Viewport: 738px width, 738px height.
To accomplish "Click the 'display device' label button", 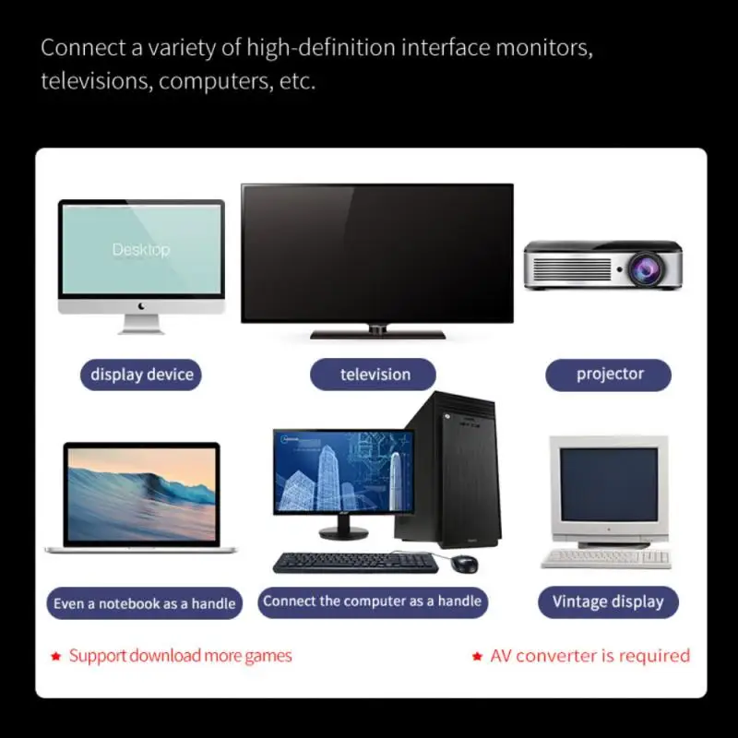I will pos(141,375).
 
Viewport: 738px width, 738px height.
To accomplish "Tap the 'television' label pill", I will pos(375,375).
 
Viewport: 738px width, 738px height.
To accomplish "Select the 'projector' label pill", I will pos(609,375).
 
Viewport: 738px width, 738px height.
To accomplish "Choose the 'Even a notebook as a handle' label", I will pos(144,603).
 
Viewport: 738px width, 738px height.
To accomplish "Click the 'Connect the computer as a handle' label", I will pos(372,601).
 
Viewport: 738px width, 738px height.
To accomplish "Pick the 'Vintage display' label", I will pos(608,602).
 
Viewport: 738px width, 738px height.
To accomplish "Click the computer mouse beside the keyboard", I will pos(466,564).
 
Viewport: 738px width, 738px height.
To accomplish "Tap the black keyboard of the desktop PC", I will pos(354,562).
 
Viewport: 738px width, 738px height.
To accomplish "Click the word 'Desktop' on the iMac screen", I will pos(141,249).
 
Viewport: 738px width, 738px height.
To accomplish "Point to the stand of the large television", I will pos(377,332).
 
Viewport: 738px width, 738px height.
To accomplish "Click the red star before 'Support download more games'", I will pos(56,656).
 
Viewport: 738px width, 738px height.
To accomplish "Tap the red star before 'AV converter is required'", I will pos(477,656).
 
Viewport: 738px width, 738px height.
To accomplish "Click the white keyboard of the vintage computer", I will pos(605,557).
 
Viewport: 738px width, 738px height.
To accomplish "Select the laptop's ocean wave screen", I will pos(141,494).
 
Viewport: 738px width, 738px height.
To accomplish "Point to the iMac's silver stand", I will pos(141,324).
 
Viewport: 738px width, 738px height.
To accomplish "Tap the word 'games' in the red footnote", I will pos(268,656).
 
